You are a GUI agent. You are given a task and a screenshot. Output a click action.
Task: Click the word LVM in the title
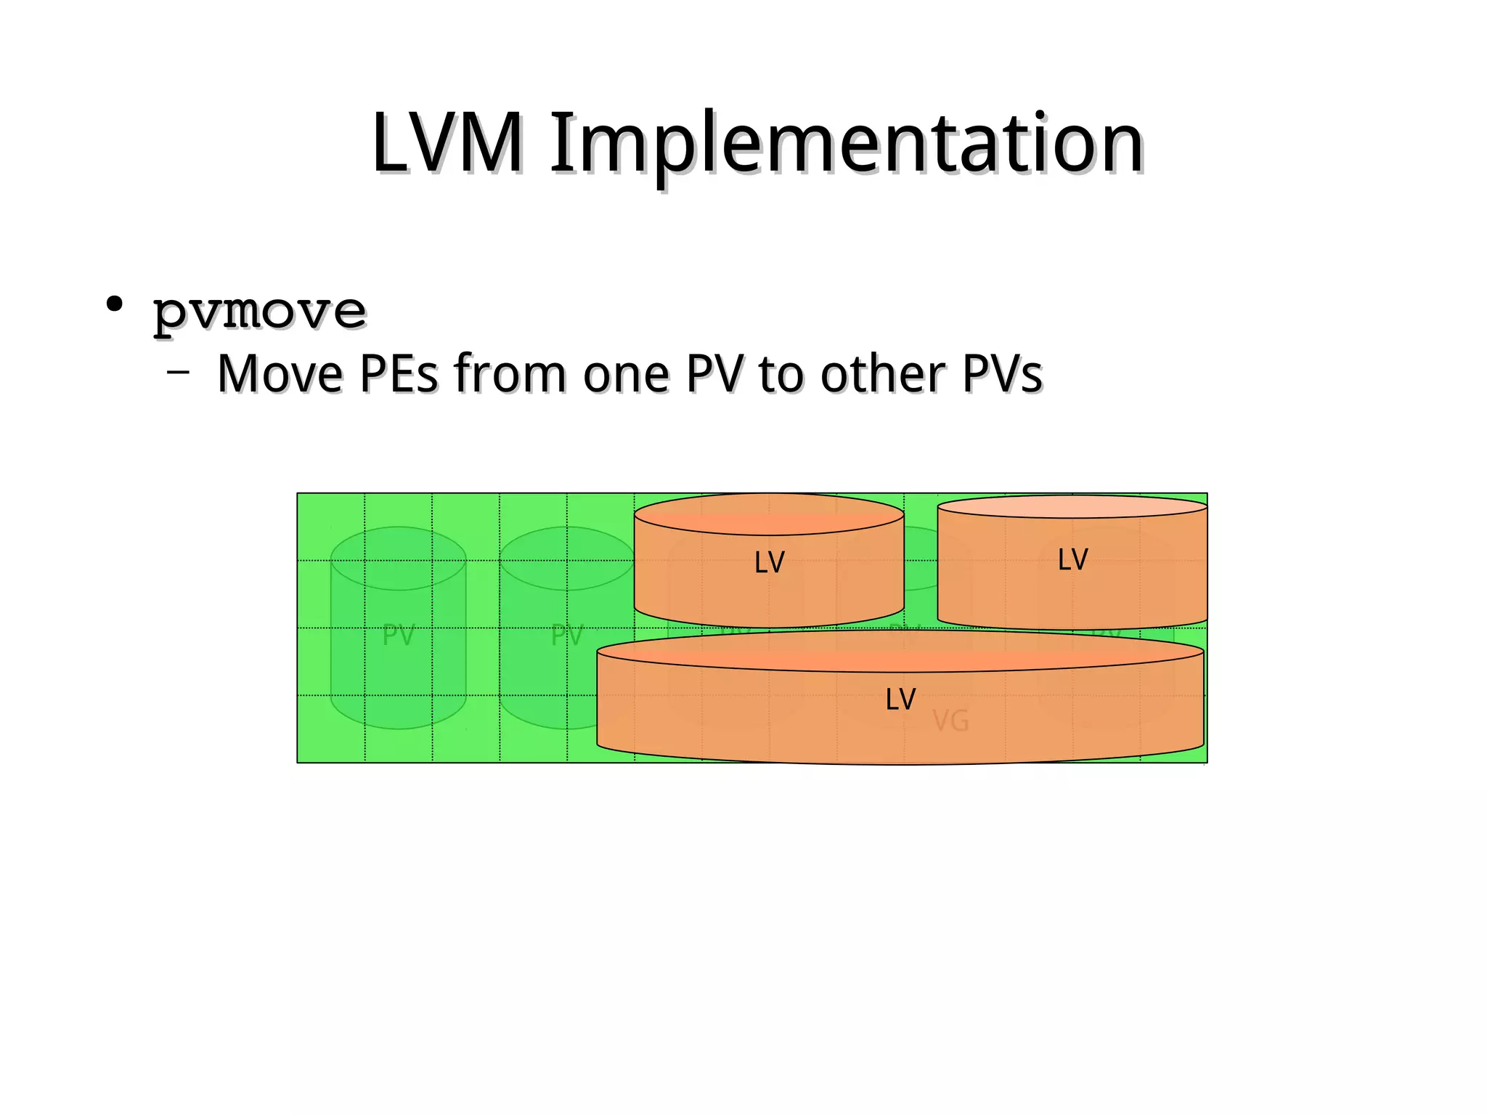tap(447, 144)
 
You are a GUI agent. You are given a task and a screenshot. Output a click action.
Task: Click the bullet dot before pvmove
tap(114, 304)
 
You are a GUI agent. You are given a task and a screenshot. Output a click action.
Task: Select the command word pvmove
tap(259, 312)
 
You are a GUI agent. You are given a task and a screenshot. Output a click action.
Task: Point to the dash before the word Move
tap(178, 373)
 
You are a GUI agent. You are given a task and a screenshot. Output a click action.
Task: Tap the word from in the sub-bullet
tap(510, 374)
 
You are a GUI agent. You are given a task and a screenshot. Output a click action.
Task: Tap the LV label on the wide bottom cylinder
tap(900, 700)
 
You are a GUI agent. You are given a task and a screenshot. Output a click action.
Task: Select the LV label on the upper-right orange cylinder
tap(1072, 560)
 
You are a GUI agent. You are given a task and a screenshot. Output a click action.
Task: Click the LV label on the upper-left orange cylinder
tap(769, 563)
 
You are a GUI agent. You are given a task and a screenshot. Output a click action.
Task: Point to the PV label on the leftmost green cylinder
tap(398, 636)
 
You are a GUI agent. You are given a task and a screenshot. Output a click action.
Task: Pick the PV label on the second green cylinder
tap(566, 636)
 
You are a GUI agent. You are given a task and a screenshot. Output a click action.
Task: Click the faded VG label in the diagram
tap(950, 721)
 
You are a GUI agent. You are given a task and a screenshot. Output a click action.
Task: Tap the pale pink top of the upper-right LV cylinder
tap(1072, 507)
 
